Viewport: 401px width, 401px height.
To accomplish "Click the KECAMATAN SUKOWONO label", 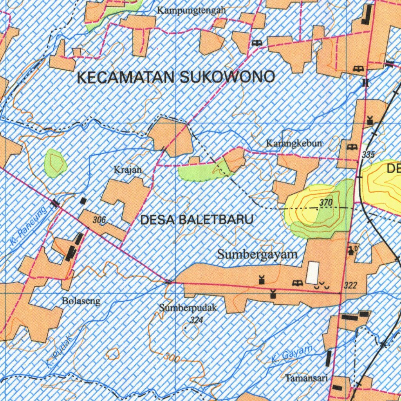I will pyautogui.click(x=176, y=77).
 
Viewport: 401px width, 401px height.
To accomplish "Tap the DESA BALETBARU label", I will pyautogui.click(x=197, y=220).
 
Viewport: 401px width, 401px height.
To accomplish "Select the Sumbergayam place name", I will pyautogui.click(x=257, y=254).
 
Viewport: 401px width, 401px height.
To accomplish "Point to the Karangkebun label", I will pyautogui.click(x=294, y=143).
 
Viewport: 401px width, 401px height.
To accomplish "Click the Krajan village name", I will pyautogui.click(x=127, y=170).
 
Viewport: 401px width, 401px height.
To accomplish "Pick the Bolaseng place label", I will pyautogui.click(x=81, y=301).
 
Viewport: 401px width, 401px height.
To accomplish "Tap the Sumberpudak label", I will pyautogui.click(x=188, y=308).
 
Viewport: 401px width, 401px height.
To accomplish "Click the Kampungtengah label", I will pyautogui.click(x=191, y=11).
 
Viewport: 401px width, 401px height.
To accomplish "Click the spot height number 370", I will pyautogui.click(x=325, y=202).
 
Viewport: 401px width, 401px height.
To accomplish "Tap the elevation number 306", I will pyautogui.click(x=99, y=220).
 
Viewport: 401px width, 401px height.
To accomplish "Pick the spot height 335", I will pyautogui.click(x=368, y=154).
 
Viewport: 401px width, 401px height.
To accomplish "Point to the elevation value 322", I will pyautogui.click(x=350, y=285).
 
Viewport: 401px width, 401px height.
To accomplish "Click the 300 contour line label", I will pyautogui.click(x=172, y=357).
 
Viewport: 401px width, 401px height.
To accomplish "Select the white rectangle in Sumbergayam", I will pyautogui.click(x=312, y=273).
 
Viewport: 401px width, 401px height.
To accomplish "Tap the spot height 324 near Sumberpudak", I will pyautogui.click(x=196, y=320).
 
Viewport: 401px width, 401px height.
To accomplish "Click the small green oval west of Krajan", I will pyautogui.click(x=55, y=163).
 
